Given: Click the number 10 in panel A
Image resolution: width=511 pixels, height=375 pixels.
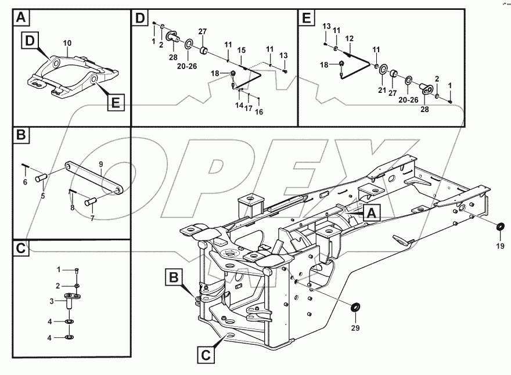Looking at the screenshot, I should click(x=67, y=44).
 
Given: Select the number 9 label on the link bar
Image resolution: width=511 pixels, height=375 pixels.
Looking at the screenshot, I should click(x=100, y=165).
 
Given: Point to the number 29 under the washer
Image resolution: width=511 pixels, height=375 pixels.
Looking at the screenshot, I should click(x=355, y=327).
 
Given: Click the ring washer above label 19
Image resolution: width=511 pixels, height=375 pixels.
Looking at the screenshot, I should click(x=500, y=226).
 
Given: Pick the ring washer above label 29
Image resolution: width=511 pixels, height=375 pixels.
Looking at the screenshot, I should click(x=355, y=306).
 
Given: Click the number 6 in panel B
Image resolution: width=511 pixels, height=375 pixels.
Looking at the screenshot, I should click(x=25, y=182).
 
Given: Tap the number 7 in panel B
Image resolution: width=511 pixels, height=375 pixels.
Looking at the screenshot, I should click(x=92, y=218).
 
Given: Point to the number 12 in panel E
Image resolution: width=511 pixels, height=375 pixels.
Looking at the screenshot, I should click(x=350, y=38).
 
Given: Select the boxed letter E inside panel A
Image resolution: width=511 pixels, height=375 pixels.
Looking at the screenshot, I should click(x=115, y=103).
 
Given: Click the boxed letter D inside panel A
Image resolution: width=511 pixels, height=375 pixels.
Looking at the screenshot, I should click(x=31, y=40).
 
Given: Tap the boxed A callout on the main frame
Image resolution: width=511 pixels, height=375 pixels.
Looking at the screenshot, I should click(x=372, y=213).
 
